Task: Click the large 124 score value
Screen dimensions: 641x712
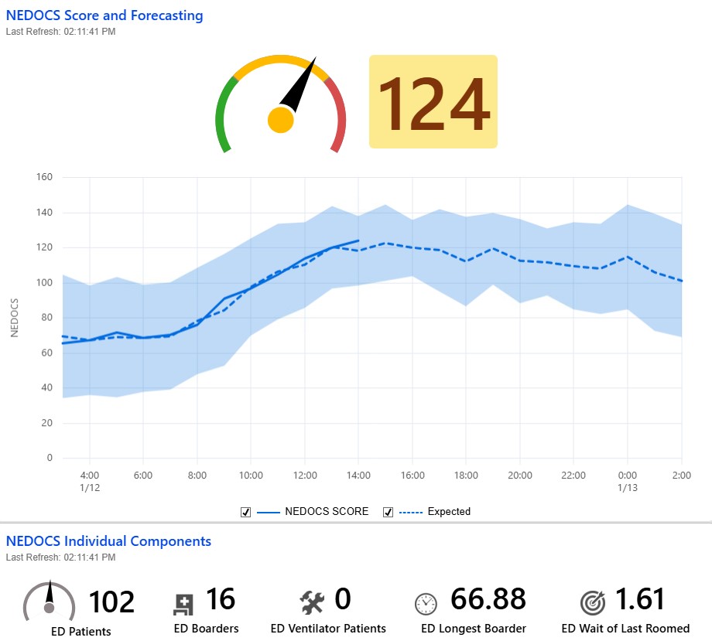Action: [433, 102]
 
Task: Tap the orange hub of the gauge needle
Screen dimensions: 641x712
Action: [280, 120]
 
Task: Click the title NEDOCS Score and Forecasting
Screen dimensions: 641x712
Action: [104, 15]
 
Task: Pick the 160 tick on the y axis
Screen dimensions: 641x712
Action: [44, 177]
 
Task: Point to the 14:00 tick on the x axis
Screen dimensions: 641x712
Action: [358, 476]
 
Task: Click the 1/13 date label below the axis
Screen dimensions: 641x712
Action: [628, 489]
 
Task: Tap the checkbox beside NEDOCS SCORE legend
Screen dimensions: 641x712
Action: [245, 512]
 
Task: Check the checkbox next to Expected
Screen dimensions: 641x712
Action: [388, 512]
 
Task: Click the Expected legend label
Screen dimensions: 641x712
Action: [449, 512]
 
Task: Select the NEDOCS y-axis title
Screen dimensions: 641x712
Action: [14, 318]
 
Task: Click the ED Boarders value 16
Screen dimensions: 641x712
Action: [221, 600]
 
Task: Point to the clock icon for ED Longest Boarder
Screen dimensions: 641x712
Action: [426, 603]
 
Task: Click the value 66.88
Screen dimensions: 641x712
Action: [488, 600]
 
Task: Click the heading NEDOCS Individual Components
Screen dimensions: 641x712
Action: [108, 541]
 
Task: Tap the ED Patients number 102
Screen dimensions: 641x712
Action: [112, 602]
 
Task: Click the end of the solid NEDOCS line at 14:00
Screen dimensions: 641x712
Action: [358, 240]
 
